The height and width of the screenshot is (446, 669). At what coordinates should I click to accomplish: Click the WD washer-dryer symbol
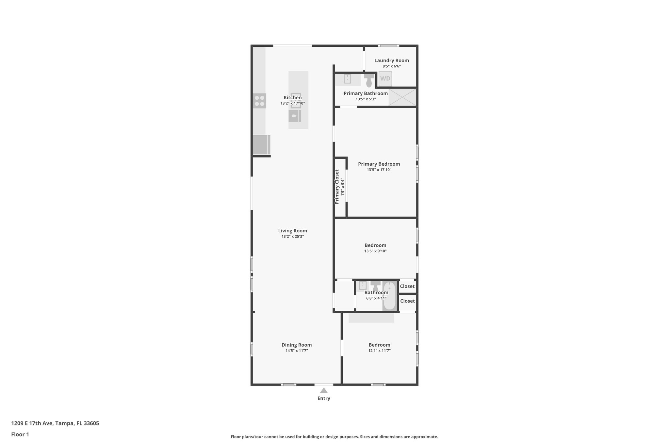click(x=385, y=79)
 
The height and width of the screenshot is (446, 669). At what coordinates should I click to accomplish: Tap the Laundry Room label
click(x=391, y=60)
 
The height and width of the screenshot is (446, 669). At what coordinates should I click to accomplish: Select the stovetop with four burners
click(x=260, y=101)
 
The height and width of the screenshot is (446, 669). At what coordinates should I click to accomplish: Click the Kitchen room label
click(x=292, y=98)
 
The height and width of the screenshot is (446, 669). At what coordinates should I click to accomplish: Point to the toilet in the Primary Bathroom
click(x=369, y=80)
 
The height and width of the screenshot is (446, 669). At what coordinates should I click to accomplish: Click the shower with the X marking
click(x=402, y=97)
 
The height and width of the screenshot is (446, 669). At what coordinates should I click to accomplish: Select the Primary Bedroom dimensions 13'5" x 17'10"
click(x=379, y=170)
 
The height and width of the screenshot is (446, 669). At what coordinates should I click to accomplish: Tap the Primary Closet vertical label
click(x=337, y=187)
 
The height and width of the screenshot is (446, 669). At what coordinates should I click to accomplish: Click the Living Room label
click(x=292, y=231)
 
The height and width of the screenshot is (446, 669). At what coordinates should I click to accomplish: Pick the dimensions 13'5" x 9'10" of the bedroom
click(x=375, y=251)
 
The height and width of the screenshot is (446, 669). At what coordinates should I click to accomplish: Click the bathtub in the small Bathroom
click(x=389, y=296)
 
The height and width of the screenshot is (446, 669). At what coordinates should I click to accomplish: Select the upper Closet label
click(x=407, y=286)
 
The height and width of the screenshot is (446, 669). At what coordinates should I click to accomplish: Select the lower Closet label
click(x=407, y=301)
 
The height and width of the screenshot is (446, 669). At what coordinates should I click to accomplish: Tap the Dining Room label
click(x=296, y=345)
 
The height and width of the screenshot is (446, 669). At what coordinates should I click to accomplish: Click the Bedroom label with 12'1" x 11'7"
click(x=379, y=345)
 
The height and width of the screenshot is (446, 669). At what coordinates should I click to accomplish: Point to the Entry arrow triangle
click(x=323, y=390)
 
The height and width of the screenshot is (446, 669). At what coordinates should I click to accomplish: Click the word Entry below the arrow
click(x=323, y=398)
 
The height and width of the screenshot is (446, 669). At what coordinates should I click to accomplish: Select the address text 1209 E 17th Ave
click(x=32, y=423)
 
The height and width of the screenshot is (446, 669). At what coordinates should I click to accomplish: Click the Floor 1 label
click(x=20, y=434)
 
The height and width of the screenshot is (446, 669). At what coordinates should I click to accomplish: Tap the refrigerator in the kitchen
click(x=261, y=144)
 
